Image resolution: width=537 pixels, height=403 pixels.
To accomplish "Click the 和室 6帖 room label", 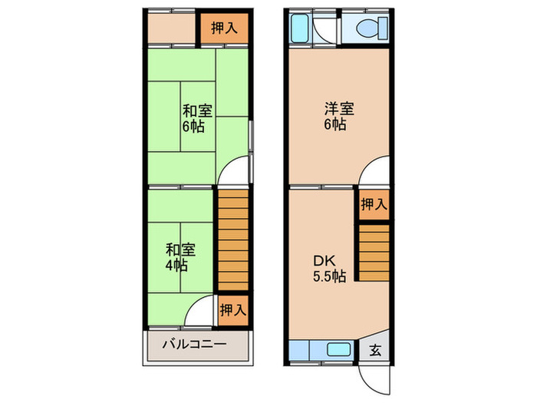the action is (197, 118).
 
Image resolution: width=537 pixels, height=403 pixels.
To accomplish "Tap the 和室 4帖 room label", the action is (180, 257).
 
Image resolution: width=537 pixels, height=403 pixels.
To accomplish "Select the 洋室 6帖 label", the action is (339, 116).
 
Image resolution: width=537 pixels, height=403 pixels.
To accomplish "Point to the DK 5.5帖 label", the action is (329, 269).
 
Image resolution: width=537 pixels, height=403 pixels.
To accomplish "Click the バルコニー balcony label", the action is (194, 344).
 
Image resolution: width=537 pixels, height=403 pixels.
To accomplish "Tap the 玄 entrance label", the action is (375, 350).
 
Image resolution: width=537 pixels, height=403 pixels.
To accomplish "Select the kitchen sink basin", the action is (338, 350).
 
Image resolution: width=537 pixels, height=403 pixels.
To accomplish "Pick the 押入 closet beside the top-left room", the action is (224, 28).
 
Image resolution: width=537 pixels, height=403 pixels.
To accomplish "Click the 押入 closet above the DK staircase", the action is (374, 205).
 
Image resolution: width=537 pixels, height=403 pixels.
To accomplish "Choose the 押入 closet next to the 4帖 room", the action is (233, 310).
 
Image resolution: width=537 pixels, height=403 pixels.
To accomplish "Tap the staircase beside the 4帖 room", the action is (233, 240).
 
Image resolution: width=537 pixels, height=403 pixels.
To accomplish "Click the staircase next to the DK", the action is (374, 253).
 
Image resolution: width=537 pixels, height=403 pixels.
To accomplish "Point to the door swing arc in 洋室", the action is (368, 164).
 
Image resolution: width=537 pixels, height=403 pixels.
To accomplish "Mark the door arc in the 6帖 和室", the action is (228, 164).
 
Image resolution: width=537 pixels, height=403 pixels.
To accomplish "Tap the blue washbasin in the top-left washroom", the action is (299, 28).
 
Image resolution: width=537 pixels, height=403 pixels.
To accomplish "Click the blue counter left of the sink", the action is (299, 350).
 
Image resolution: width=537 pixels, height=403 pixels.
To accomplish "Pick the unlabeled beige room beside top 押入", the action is (172, 28).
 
